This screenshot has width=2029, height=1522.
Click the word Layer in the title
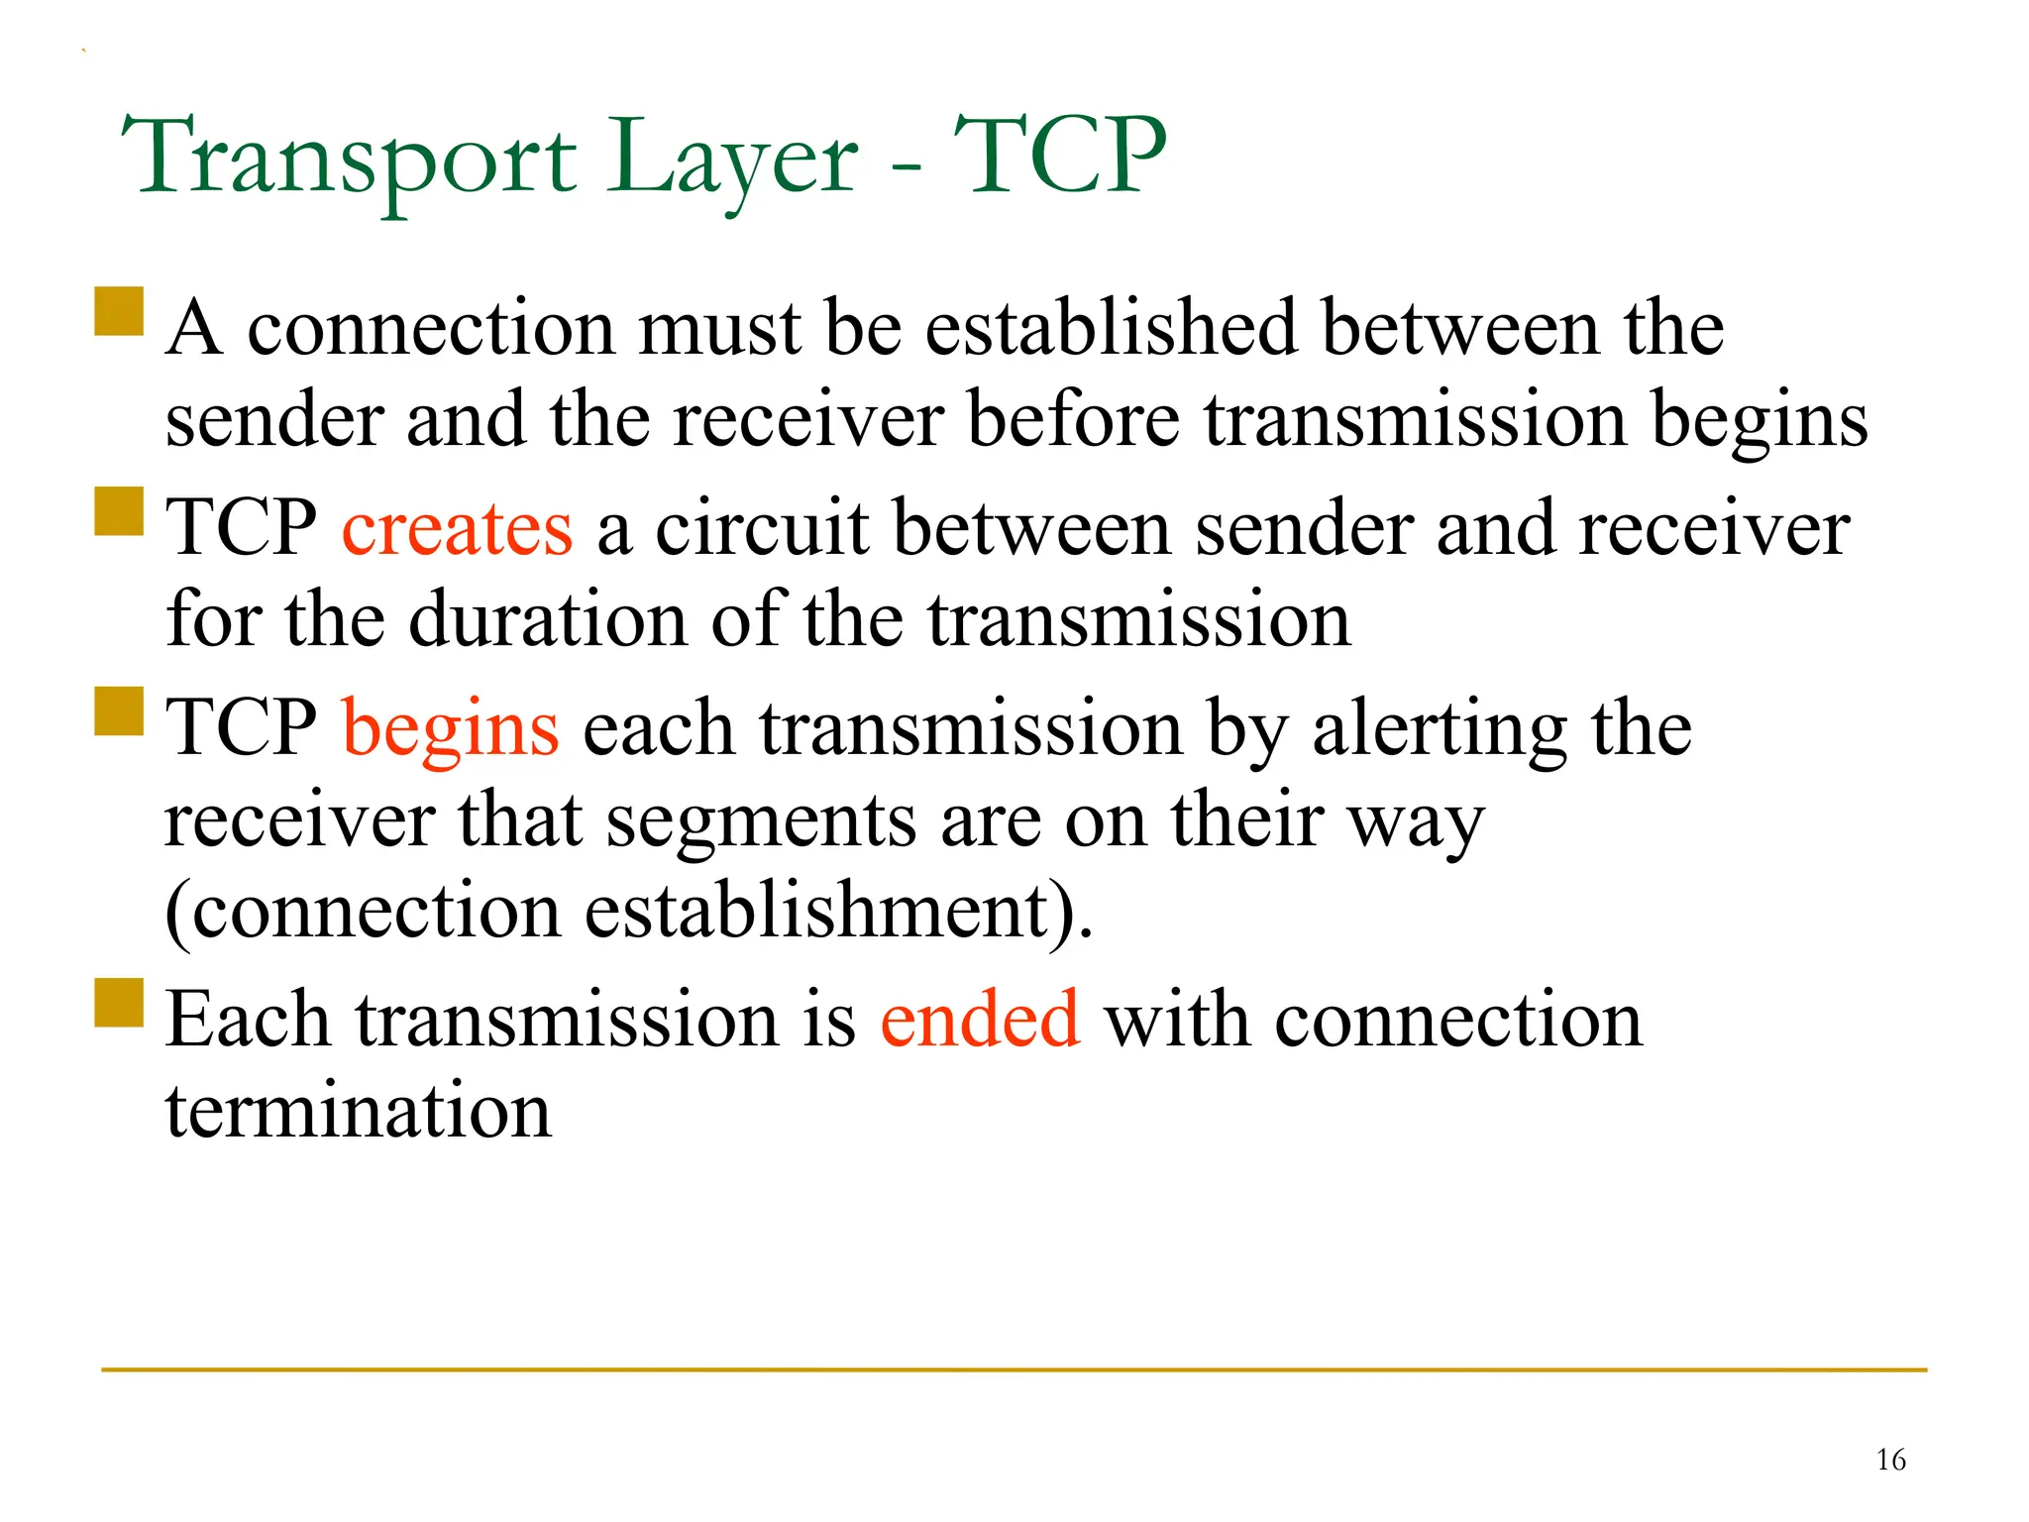tap(733, 159)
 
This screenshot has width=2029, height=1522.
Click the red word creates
tap(457, 528)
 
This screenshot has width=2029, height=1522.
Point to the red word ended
tap(980, 1020)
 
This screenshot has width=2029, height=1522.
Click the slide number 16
tap(1890, 1460)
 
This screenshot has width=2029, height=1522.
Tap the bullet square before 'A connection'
tap(120, 311)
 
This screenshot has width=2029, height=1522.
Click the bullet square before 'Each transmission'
tap(120, 1003)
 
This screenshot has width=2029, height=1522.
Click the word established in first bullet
tap(1111, 328)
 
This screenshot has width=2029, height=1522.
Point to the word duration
tap(548, 620)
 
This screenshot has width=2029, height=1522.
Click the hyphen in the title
tap(906, 164)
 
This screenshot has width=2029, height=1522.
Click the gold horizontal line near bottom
tap(1014, 1370)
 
